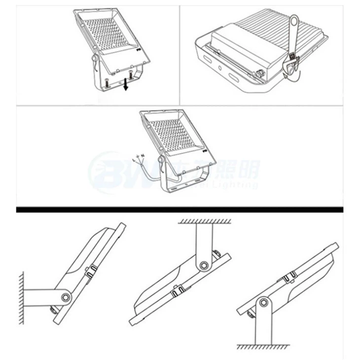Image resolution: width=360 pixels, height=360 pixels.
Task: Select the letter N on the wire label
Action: pos(142,156)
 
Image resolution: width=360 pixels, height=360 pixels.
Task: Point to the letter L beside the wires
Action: pos(134,160)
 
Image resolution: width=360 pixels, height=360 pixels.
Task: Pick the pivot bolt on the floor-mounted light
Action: pos(263,302)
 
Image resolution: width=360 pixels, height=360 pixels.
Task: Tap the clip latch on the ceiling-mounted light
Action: pos(176,293)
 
